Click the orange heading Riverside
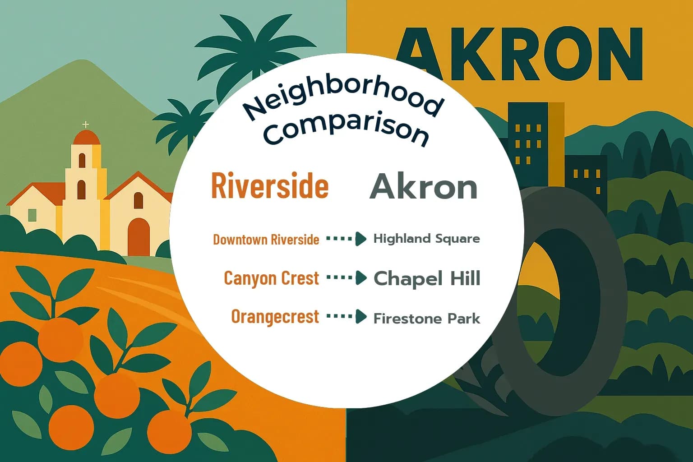[270, 185]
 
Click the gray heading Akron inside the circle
[423, 186]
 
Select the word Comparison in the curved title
[346, 129]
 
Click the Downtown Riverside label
[266, 239]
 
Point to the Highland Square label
[426, 239]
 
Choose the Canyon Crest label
[271, 278]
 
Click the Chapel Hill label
[427, 278]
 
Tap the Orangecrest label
[275, 317]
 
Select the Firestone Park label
[426, 319]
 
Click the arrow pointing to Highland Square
[346, 239]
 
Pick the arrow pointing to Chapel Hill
[346, 278]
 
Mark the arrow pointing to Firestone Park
[346, 317]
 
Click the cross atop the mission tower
[86, 125]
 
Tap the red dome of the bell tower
[86, 137]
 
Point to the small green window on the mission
[32, 215]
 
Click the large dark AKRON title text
[519, 54]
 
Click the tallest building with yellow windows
[528, 135]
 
